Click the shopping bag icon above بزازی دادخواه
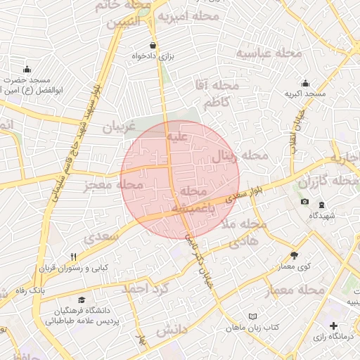[153, 45]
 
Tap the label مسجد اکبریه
[305, 94]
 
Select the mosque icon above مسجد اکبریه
[305, 83]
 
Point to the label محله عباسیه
[269, 53]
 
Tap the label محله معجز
[112, 186]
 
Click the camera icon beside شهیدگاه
[304, 202]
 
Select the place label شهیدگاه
[322, 215]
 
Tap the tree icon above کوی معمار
[294, 255]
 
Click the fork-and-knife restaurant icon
[73, 257]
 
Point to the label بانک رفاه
[50, 290]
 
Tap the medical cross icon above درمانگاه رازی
[333, 326]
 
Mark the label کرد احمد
[145, 288]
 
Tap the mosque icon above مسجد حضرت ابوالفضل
[27, 69]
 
